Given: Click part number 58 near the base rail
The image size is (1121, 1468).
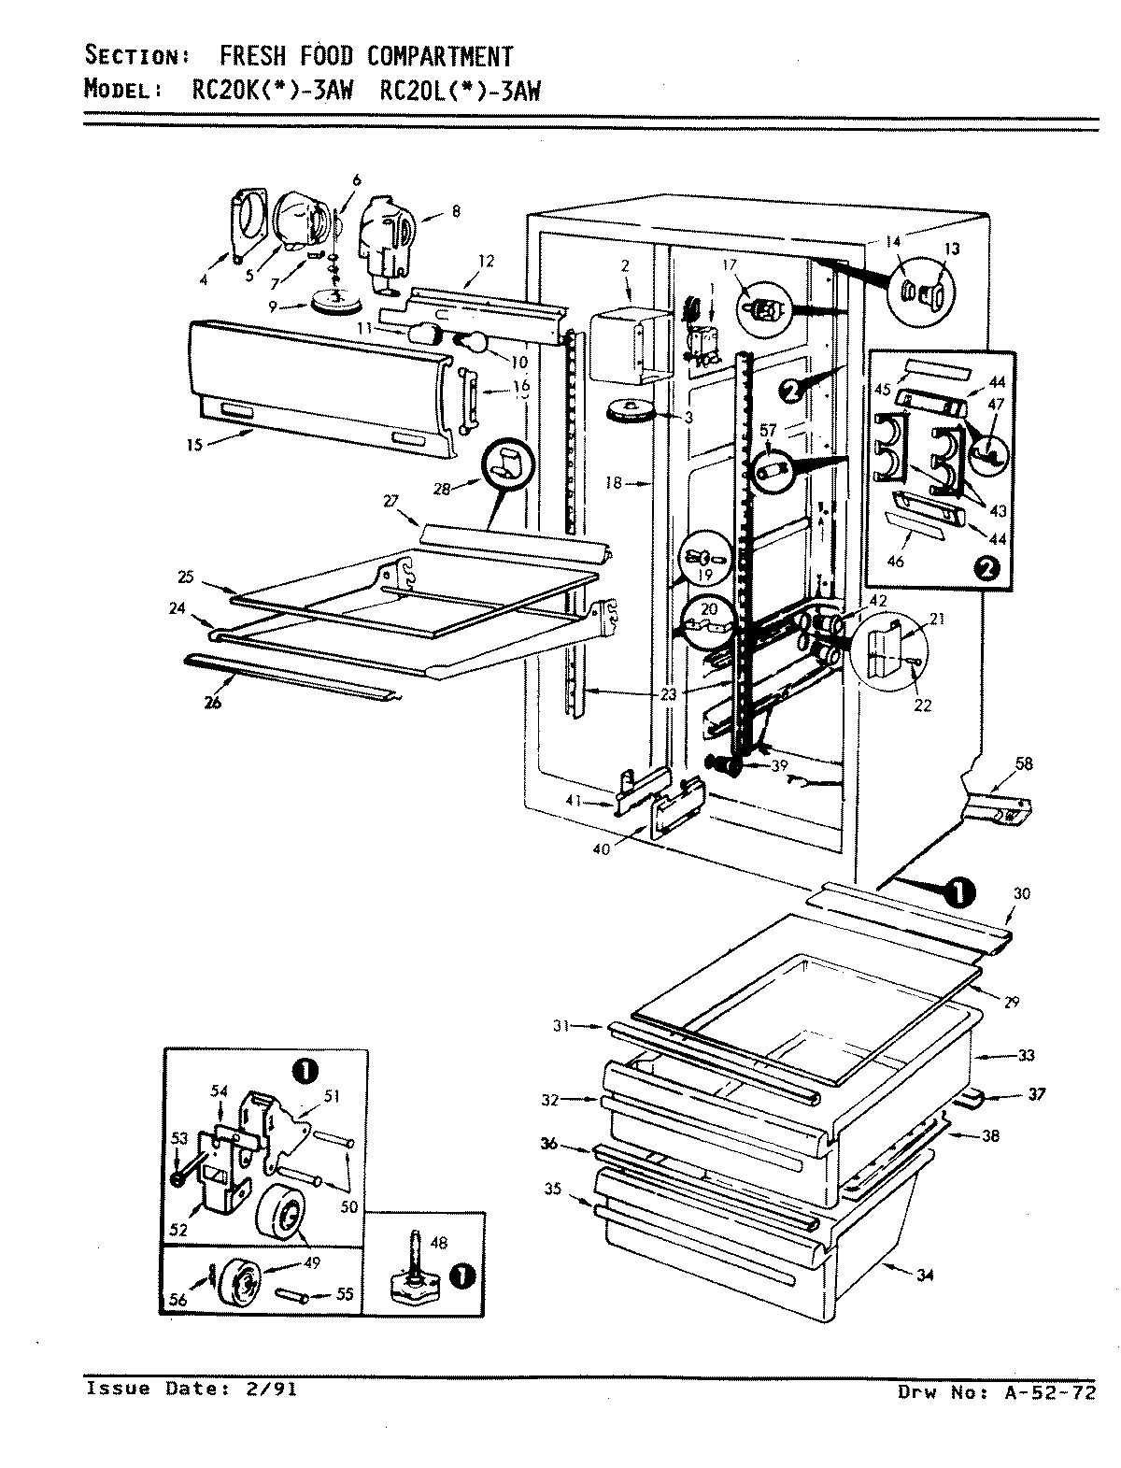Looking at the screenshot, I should tap(1024, 764).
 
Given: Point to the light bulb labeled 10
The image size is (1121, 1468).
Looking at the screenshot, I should tap(474, 344).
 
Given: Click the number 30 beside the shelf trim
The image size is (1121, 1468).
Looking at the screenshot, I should tap(1021, 894).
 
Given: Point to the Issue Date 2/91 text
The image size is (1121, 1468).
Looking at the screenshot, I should tap(192, 1390).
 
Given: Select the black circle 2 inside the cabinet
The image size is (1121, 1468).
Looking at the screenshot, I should tap(790, 392).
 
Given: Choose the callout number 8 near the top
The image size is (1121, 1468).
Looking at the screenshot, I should tap(455, 211).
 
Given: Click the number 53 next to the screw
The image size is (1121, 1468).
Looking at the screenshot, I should tap(177, 1138).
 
